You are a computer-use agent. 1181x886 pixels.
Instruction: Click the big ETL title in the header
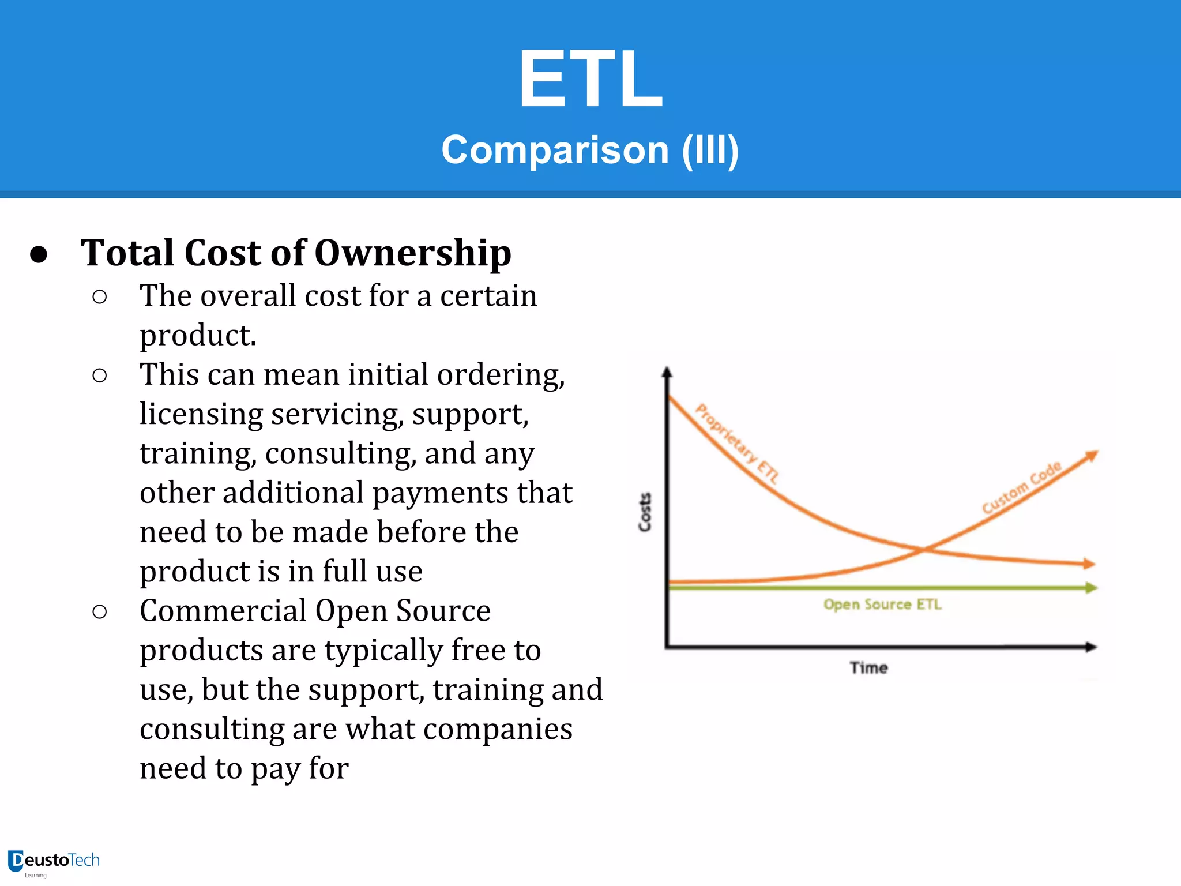click(590, 78)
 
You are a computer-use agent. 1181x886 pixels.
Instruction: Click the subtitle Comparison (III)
click(590, 150)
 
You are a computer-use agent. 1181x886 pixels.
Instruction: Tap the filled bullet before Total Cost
click(39, 254)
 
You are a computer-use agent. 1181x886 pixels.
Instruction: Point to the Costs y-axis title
click(645, 512)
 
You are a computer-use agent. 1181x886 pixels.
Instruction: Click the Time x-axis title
click(868, 667)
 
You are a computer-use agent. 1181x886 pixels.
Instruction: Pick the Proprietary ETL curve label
click(736, 443)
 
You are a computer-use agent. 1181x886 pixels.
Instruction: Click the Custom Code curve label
click(1021, 487)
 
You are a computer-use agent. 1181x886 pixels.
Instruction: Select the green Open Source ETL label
click(882, 605)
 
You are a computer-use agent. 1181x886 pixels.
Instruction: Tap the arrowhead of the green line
click(1091, 588)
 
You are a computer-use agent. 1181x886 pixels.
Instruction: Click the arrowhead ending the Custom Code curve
click(1092, 456)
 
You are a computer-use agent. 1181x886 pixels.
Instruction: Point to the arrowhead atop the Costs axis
click(667, 372)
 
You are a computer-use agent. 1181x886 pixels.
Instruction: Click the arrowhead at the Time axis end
click(1091, 647)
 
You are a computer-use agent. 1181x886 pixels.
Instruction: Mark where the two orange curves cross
click(924, 549)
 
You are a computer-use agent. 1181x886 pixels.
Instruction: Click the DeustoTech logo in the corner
click(54, 862)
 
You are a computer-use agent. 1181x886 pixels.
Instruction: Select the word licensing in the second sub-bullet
click(201, 414)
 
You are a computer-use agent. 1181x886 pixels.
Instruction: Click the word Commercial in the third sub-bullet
click(223, 611)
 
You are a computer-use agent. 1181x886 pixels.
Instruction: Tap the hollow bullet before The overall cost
click(99, 297)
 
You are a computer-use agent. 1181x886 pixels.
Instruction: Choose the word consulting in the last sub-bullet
click(212, 729)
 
